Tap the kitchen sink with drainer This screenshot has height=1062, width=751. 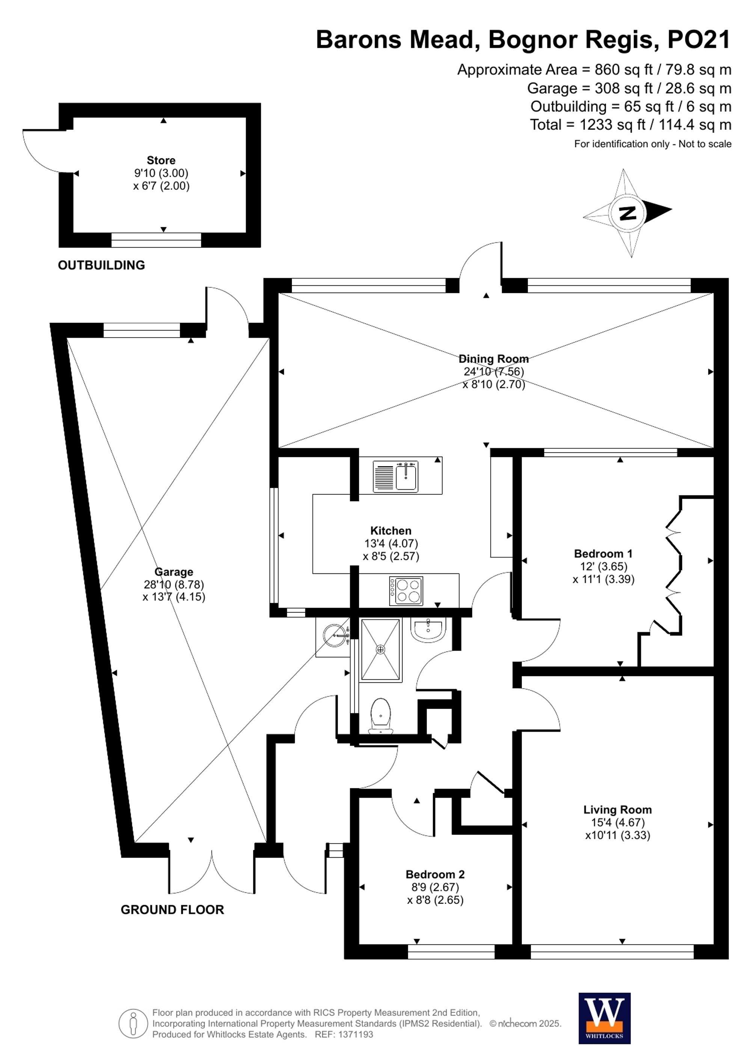point(395,477)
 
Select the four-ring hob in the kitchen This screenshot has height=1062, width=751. point(406,591)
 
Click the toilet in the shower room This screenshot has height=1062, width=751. point(381,714)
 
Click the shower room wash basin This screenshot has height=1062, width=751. point(428,629)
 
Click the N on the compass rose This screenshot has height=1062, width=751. point(627,213)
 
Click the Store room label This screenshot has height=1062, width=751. point(161,160)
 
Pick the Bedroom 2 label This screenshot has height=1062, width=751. point(435,874)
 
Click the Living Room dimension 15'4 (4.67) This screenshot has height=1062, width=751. point(617,822)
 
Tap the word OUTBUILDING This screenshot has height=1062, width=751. point(101,265)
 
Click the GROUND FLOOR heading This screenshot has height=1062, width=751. point(172,910)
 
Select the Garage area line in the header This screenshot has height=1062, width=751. point(629,88)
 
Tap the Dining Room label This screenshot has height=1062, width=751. point(493,359)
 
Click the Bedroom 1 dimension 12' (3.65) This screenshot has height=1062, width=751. point(603,566)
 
